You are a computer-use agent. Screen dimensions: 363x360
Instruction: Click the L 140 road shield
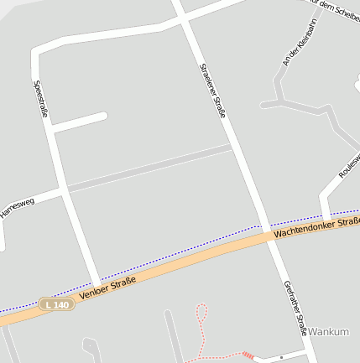(x=57, y=304)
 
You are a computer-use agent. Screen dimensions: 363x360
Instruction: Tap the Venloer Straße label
(x=107, y=290)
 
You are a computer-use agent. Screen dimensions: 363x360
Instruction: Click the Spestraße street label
(x=41, y=98)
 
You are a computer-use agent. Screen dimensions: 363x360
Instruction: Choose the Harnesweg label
(x=17, y=209)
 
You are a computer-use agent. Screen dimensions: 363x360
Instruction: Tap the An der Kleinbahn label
(x=298, y=46)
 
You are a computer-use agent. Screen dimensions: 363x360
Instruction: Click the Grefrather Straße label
(x=295, y=308)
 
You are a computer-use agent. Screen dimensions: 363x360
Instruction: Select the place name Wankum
(x=328, y=332)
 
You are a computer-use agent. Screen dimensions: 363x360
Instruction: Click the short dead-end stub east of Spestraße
(x=80, y=122)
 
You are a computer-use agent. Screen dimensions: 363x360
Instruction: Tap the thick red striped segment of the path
(x=248, y=355)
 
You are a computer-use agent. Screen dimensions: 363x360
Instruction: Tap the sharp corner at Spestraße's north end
(x=36, y=52)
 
